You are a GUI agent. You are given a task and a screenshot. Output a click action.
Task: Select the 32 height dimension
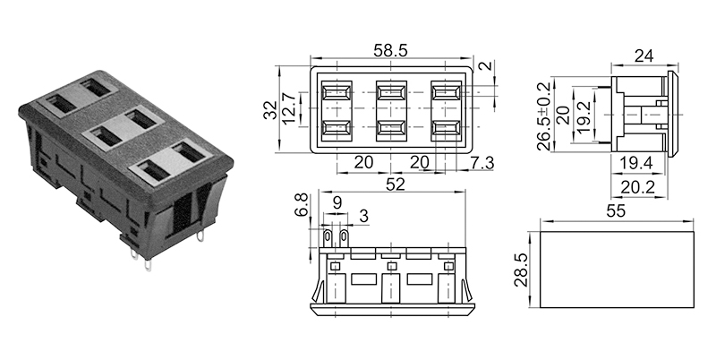coord(268,109)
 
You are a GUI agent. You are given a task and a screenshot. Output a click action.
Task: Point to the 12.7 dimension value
coord(288,109)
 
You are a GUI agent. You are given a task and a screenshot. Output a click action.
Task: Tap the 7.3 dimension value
coord(482,162)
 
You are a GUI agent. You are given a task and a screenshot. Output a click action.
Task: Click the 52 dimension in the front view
coord(395,184)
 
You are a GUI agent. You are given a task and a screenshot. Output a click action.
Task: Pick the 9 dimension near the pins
coord(336,203)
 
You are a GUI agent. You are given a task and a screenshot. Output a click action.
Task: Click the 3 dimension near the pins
coord(363,216)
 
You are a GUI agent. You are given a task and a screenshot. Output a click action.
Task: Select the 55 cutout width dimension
coord(616,211)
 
